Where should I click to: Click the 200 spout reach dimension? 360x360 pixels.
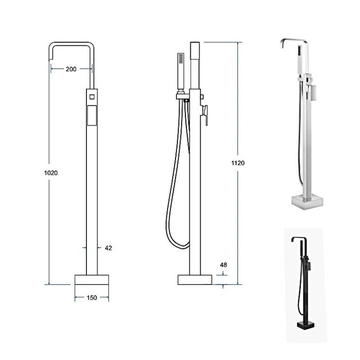pyautogui.click(x=71, y=69)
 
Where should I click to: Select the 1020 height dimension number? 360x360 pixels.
pyautogui.click(x=51, y=173)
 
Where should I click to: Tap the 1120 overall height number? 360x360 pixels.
pyautogui.click(x=238, y=163)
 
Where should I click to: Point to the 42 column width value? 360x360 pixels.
pyautogui.click(x=108, y=248)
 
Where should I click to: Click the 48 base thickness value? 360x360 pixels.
pyautogui.click(x=223, y=265)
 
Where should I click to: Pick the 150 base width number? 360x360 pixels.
pyautogui.click(x=92, y=298)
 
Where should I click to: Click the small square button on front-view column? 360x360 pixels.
pyautogui.click(x=92, y=97)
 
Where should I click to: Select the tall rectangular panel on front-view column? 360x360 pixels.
pyautogui.click(x=92, y=116)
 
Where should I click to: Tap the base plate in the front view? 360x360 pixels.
pyautogui.click(x=92, y=279)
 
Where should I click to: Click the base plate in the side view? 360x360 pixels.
pyautogui.click(x=195, y=279)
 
